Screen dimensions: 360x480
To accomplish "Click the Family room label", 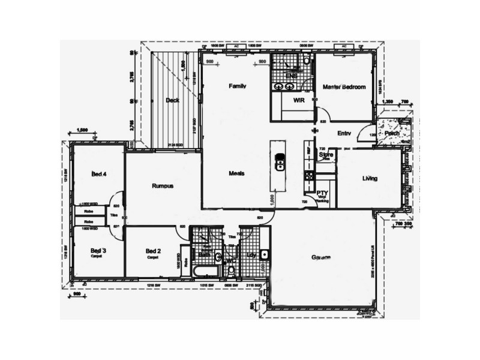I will click(238, 86).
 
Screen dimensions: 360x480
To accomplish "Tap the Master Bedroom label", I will click(344, 87).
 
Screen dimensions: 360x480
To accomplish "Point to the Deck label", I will click(173, 101).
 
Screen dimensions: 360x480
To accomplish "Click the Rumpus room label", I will click(163, 186).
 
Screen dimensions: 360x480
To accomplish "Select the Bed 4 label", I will click(98, 175).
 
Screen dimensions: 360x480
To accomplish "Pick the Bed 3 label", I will click(98, 250).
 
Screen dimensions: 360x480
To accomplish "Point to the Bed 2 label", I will click(154, 251).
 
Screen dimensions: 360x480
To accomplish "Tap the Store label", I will click(326, 155).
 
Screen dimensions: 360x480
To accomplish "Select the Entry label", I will click(344, 133).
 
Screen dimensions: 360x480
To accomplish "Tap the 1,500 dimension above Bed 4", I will click(83, 130).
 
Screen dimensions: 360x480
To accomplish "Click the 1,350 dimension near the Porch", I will click(387, 101).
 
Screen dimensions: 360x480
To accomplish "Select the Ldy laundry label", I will click(251, 255).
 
